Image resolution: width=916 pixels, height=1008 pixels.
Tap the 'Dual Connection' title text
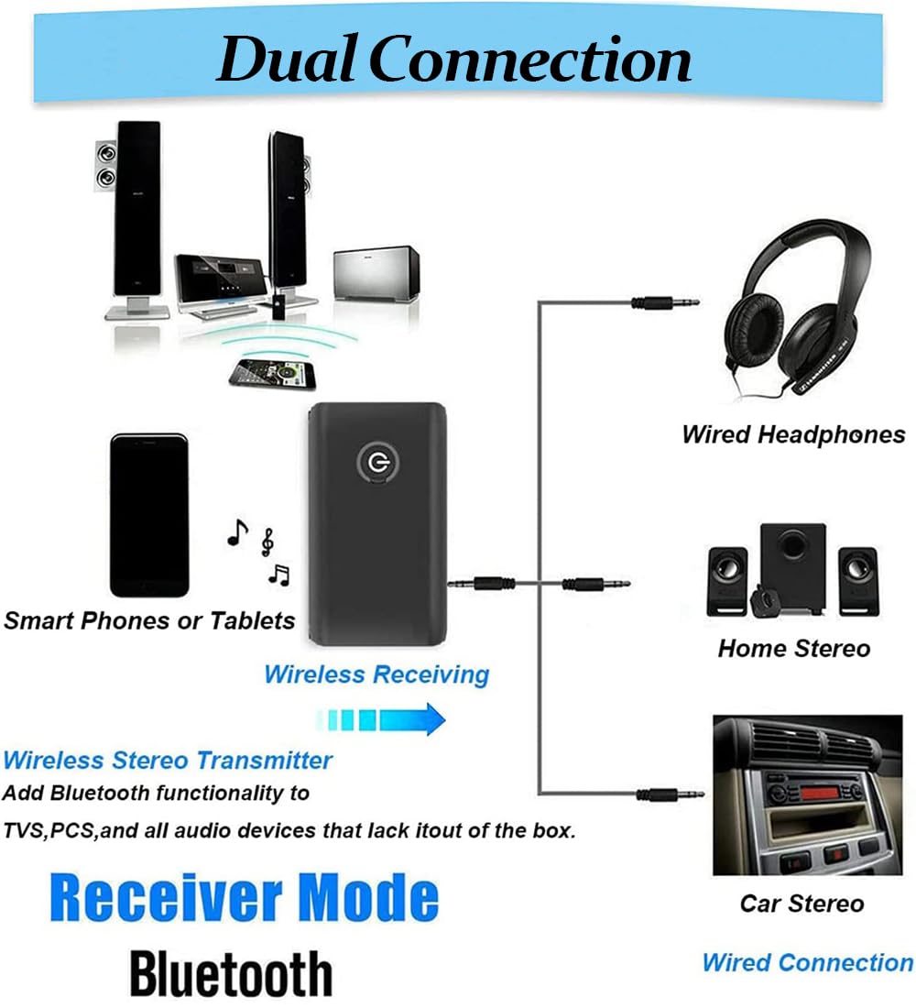454,60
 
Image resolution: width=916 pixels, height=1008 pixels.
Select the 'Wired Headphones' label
793,433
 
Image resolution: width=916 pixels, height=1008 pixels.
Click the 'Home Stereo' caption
793,649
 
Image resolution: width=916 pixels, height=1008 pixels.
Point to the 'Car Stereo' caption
801,904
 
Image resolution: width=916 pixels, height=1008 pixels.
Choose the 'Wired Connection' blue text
807,962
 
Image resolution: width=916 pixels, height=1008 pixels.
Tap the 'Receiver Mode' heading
244,899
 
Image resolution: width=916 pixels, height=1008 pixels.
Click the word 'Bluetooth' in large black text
231,973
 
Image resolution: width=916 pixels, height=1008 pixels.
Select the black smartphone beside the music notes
149,515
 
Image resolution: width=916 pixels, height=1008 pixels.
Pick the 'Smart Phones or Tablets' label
149,620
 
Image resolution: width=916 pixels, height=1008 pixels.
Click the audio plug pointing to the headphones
665,301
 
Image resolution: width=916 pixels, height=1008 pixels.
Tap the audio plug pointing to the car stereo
670,794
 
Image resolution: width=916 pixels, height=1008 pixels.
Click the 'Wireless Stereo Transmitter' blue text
168,760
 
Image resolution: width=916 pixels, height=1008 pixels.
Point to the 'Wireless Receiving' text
376,675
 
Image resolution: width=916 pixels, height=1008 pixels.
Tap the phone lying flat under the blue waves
271,373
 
